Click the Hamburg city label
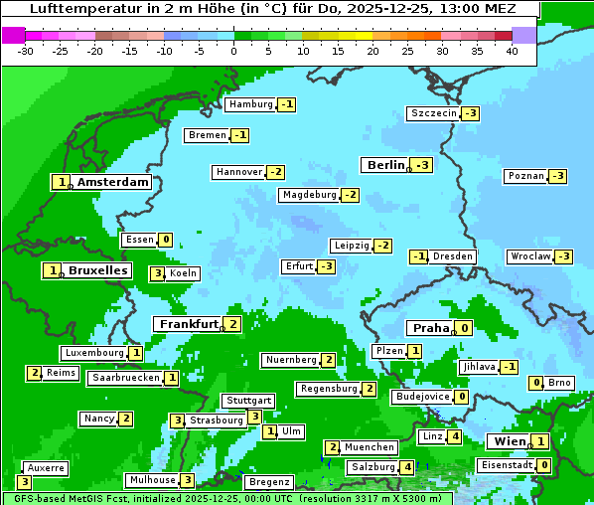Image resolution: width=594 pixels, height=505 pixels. (250, 104)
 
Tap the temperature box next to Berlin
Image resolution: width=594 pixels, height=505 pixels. (423, 165)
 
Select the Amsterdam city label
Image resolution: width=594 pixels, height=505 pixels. (112, 182)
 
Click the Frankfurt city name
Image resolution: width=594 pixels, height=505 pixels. (188, 324)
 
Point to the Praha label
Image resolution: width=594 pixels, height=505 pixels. (430, 328)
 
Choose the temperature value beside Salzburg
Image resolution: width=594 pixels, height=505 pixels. (407, 467)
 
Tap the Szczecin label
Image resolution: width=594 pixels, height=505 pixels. (434, 113)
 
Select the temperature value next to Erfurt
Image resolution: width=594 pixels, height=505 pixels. (326, 266)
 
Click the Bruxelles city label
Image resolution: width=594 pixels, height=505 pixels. (97, 270)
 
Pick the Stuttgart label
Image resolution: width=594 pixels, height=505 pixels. (247, 401)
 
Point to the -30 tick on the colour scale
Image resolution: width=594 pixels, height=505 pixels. (27, 50)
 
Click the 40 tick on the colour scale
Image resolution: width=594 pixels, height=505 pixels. (512, 50)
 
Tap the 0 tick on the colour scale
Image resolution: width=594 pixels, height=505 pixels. (234, 50)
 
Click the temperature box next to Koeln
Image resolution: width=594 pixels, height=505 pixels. (157, 273)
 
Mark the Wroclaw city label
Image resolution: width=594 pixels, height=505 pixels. (530, 256)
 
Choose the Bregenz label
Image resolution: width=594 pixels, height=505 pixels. (268, 482)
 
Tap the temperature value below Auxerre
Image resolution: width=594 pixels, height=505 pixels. (24, 482)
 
